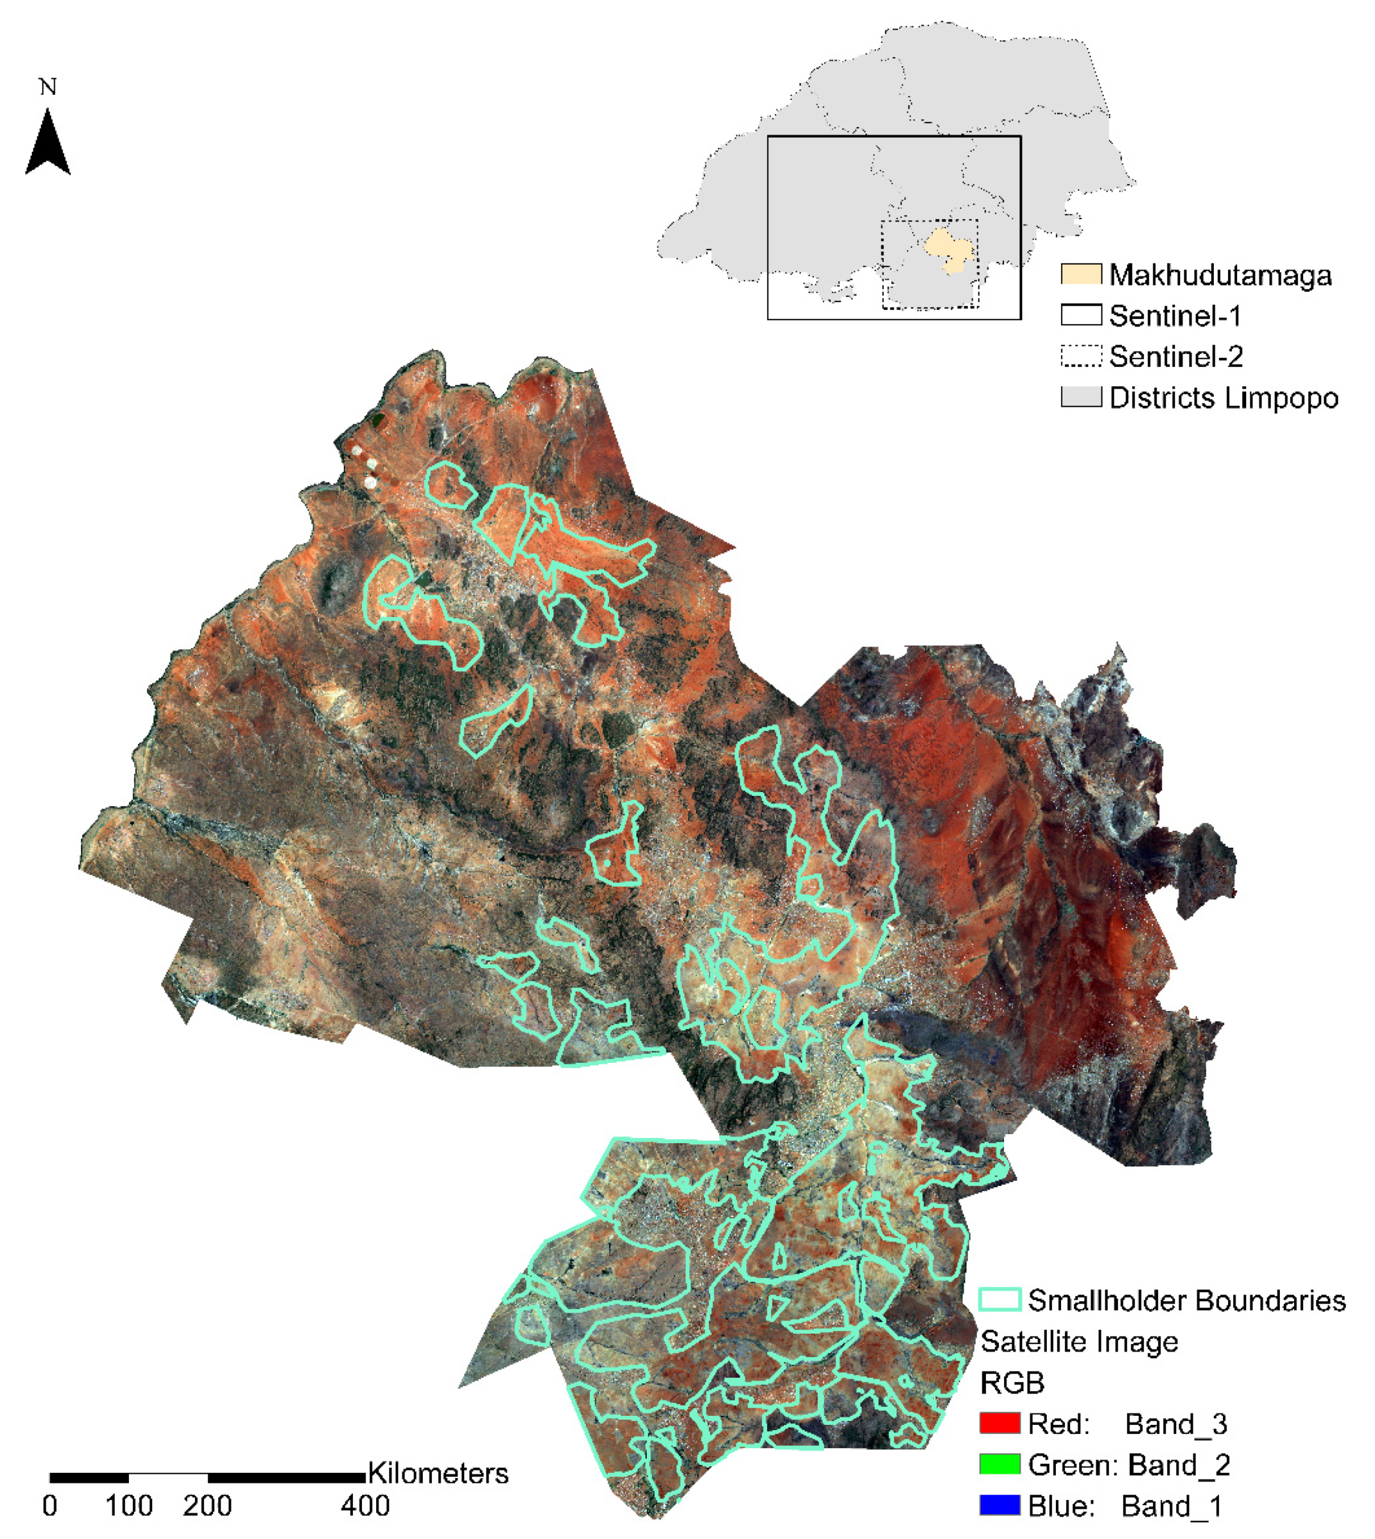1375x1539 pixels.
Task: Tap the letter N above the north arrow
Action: (48, 87)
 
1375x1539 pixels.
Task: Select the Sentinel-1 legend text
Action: (1175, 316)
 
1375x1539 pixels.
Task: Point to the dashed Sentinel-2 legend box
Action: (1080, 356)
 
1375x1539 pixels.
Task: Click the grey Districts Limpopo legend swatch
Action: (1080, 397)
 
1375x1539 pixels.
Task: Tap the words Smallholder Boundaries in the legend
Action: (1186, 1300)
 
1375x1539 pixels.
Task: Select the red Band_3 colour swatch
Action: (999, 1423)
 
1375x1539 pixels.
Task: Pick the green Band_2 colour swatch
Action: (999, 1464)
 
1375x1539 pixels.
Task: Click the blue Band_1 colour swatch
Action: (999, 1505)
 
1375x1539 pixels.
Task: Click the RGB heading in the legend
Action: (1011, 1383)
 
